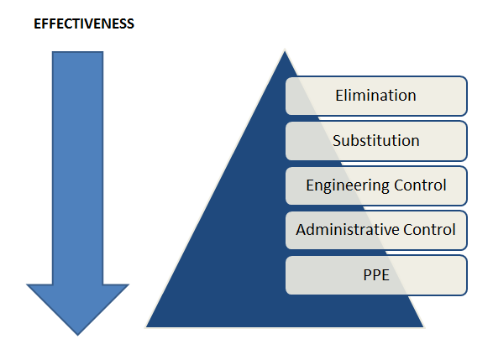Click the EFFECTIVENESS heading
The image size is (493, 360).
[x=84, y=24]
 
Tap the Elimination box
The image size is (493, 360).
[x=376, y=96]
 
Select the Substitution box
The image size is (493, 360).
[x=376, y=141]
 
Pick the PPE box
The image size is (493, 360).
[x=376, y=275]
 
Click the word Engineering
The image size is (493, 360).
[x=348, y=185]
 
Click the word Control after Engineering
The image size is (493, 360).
[x=420, y=185]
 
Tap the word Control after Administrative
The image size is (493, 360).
[x=429, y=230]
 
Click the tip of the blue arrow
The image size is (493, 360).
[x=77, y=336]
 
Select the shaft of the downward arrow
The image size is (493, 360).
[x=77, y=168]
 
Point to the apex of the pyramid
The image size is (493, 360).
[x=285, y=51]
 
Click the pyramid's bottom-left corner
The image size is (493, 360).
[x=146, y=327]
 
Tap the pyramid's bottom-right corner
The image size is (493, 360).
[x=423, y=327]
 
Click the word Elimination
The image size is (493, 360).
[x=375, y=96]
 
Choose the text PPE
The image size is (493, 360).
[x=376, y=275]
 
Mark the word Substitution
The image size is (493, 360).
[x=376, y=140]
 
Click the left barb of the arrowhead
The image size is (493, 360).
[x=27, y=284]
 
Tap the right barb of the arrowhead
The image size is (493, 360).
[x=128, y=284]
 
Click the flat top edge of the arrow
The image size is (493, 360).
[x=77, y=52]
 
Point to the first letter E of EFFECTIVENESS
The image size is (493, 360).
[x=38, y=24]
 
